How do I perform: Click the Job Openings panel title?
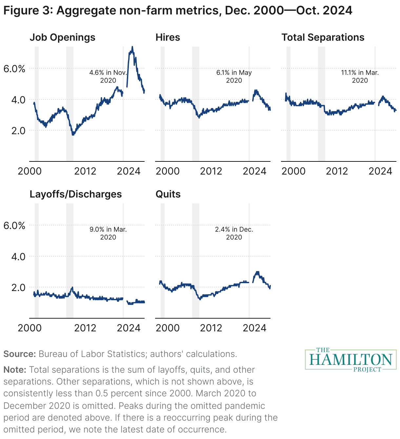click(x=62, y=37)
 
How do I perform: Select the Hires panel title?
click(x=168, y=37)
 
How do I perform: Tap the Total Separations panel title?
click(x=323, y=37)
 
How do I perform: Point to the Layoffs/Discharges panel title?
click(x=75, y=194)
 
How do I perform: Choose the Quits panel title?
click(x=168, y=194)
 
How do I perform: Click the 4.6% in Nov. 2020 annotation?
click(x=108, y=76)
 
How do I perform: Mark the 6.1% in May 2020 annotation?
click(x=234, y=76)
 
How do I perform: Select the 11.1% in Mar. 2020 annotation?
click(x=360, y=76)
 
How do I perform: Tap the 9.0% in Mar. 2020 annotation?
click(x=108, y=233)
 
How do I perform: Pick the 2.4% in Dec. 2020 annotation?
click(x=234, y=233)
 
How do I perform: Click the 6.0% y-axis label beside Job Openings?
click(x=14, y=69)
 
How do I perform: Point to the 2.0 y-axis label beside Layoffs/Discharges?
click(x=18, y=287)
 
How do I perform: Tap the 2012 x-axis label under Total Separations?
click(x=337, y=171)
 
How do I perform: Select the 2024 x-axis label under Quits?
click(x=254, y=328)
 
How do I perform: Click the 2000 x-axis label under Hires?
click(x=168, y=171)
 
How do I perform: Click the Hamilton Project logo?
click(x=350, y=360)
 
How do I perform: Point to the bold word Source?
click(x=19, y=354)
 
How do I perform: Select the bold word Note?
click(x=15, y=370)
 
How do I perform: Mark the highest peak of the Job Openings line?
click(x=132, y=47)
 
